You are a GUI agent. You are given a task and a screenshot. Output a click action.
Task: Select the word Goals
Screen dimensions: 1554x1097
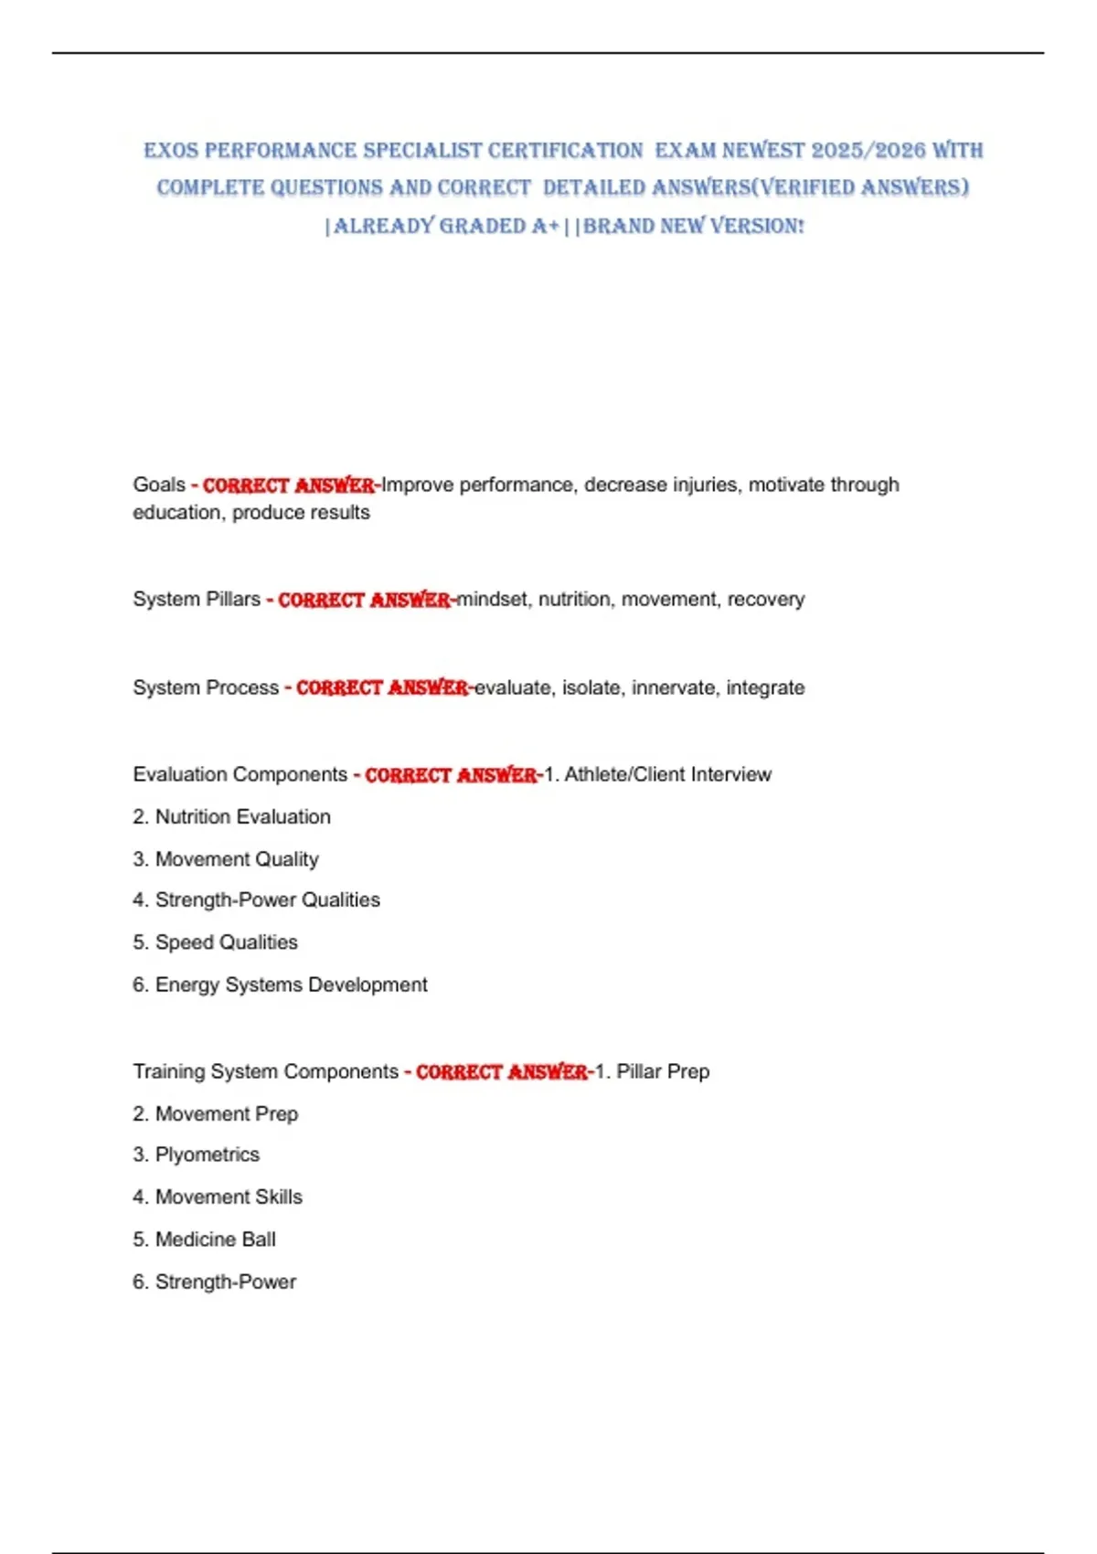(159, 484)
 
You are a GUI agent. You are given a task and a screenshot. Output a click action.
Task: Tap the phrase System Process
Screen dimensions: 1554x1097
(206, 687)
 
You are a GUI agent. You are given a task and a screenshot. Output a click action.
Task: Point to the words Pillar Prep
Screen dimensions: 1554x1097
(663, 1071)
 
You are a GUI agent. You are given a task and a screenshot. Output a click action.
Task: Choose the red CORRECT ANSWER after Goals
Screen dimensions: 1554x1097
(288, 485)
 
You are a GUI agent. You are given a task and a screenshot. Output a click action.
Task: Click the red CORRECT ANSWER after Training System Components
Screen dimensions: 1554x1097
(502, 1072)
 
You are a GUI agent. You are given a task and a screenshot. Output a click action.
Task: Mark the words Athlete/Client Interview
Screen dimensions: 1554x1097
(667, 774)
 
